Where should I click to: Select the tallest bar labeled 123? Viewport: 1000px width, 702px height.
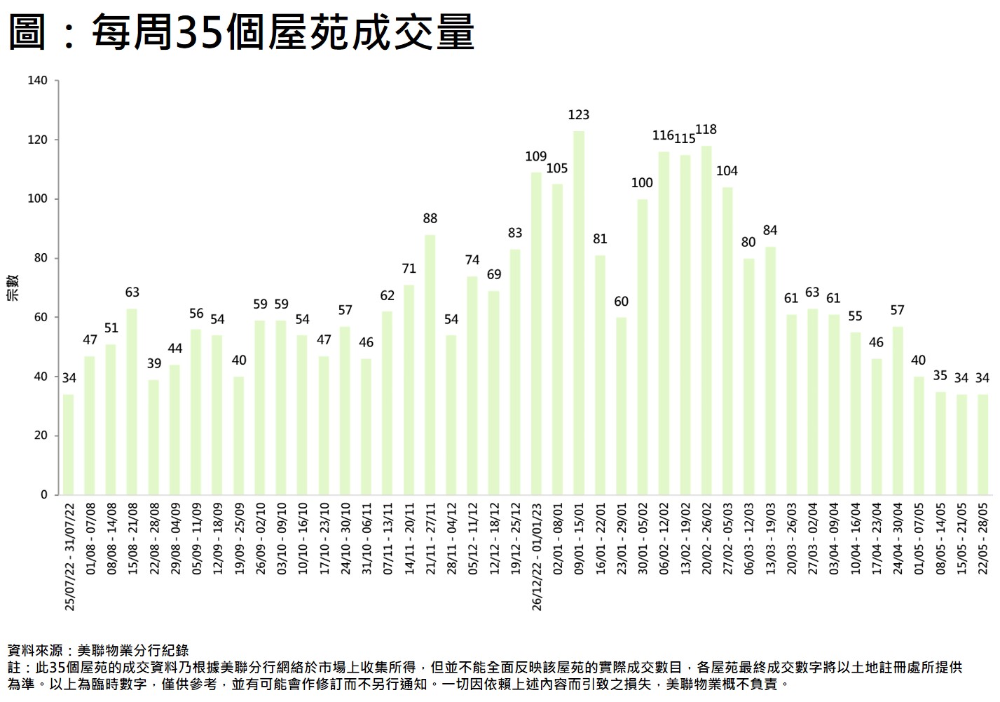pos(579,312)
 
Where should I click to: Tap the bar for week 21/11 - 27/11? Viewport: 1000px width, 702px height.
pos(430,365)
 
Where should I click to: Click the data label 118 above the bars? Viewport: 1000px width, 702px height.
pos(706,130)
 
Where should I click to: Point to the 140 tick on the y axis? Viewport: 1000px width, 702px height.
pos(38,81)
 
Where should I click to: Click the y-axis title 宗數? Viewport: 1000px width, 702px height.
pos(13,288)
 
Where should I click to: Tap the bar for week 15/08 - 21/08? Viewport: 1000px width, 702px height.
pos(132,401)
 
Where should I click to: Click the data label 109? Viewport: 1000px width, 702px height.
pos(536,156)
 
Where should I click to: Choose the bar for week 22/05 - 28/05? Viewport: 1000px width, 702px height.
pos(982,444)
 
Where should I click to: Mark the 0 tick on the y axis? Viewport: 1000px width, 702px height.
pos(44,494)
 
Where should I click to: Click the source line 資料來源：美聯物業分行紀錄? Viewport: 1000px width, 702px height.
pos(98,651)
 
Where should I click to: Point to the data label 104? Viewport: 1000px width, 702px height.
pos(727,171)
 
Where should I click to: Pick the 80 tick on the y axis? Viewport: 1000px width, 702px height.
pos(41,258)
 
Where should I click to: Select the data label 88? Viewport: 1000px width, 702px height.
pos(430,219)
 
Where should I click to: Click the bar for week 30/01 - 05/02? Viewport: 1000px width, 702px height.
pos(643,346)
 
